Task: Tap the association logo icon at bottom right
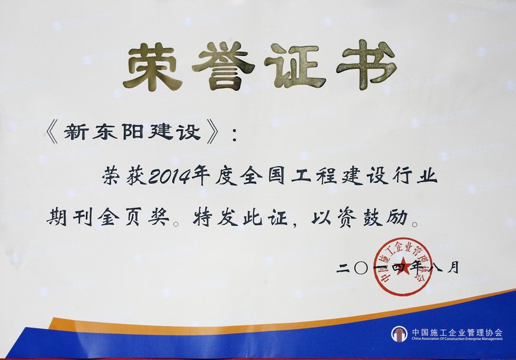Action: pos(399,334)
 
